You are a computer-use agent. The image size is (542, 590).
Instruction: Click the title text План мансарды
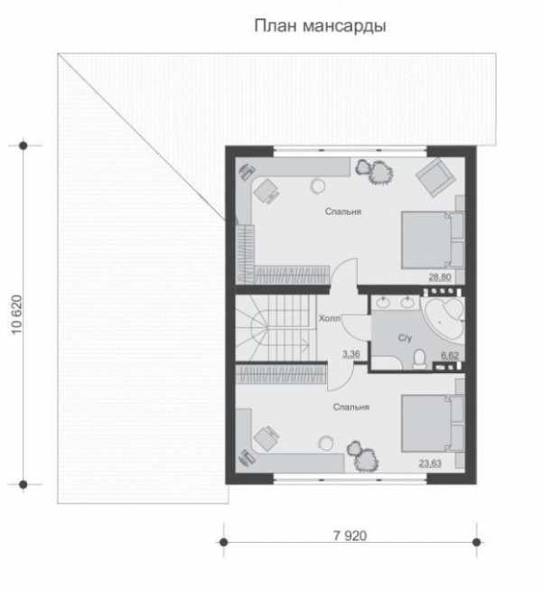tap(320, 26)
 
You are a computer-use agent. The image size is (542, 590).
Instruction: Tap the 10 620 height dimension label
tap(17, 314)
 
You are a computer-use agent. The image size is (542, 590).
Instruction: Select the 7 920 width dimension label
tap(350, 536)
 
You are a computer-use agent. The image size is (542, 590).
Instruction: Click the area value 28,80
tap(440, 277)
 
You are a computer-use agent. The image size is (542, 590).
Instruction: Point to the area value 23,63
tap(430, 464)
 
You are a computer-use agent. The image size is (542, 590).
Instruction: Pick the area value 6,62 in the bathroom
tap(450, 355)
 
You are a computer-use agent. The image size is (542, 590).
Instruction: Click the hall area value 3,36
tap(350, 354)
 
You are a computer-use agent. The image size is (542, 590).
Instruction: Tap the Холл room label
tap(329, 318)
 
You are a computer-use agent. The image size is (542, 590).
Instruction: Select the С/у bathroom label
tap(405, 338)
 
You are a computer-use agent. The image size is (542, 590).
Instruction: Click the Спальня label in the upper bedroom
tap(343, 211)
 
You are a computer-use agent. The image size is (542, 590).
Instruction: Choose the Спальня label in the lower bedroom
tap(351, 407)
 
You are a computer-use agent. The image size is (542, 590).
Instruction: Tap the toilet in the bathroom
tap(418, 359)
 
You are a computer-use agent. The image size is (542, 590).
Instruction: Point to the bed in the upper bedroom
tap(432, 240)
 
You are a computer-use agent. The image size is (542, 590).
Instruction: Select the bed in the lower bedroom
tap(432, 424)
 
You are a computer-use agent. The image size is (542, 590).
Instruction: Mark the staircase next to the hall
tap(276, 328)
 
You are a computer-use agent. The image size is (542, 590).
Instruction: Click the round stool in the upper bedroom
tap(318, 186)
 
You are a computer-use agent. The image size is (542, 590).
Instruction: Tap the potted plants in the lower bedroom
tap(362, 456)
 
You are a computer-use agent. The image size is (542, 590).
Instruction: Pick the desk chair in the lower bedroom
tap(266, 438)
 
